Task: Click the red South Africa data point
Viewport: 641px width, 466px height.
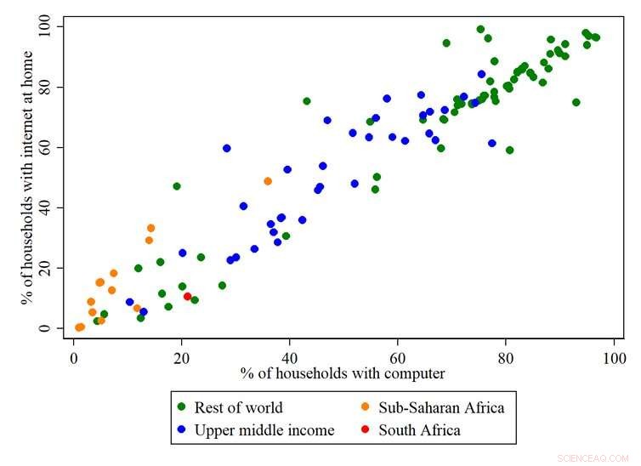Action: coord(188,296)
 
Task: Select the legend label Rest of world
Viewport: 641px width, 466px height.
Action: coord(239,407)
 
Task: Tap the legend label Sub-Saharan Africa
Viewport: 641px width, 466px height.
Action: coord(441,407)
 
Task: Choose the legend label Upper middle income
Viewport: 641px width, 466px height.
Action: coord(264,430)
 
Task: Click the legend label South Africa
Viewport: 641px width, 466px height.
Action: coord(419,430)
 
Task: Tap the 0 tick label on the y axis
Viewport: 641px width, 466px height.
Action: coord(56,328)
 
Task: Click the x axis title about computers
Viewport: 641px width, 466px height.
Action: coord(343,373)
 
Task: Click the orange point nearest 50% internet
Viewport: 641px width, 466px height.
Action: coord(268,181)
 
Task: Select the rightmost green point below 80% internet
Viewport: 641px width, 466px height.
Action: coord(576,102)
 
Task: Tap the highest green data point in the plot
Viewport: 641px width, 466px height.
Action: coord(481,30)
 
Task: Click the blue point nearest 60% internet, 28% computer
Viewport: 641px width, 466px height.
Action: coord(227,148)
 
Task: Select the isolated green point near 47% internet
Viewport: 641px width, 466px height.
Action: coord(177,186)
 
